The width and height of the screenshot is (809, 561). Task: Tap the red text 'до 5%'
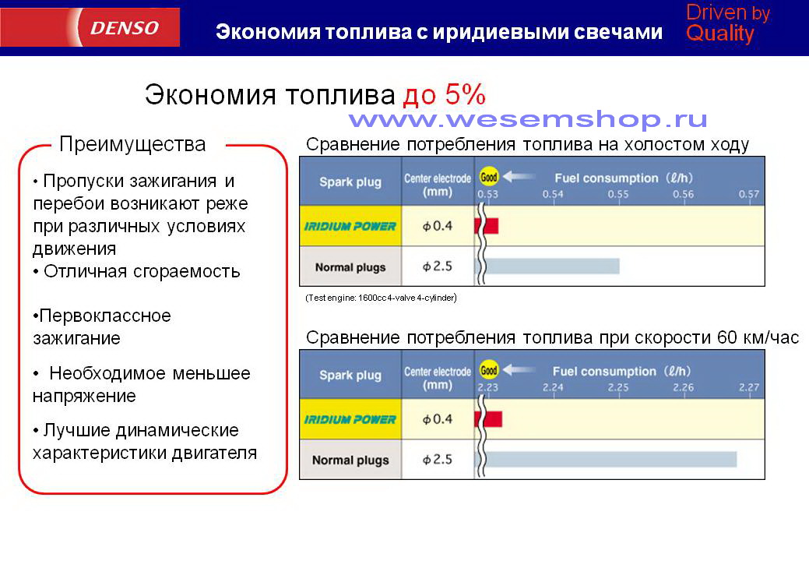tap(445, 94)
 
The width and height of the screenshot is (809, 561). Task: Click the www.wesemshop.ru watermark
tap(527, 119)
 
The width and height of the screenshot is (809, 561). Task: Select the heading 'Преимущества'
tap(132, 144)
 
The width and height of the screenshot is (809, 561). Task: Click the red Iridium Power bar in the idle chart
tap(487, 225)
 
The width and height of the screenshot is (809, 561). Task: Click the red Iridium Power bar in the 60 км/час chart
tap(488, 418)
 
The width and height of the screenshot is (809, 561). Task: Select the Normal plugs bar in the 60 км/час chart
tap(610, 459)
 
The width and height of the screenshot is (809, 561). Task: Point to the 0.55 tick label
tap(618, 195)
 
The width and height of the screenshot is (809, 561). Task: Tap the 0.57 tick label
tap(748, 194)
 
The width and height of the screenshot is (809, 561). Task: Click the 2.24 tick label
tap(553, 387)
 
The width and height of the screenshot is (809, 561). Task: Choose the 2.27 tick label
tap(748, 387)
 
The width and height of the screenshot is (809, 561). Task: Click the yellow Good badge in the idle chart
tap(489, 177)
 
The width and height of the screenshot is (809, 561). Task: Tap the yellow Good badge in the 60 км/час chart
tap(489, 370)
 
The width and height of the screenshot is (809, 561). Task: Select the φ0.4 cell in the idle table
tap(438, 225)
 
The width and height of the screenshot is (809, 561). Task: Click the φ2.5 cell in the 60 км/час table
tap(438, 460)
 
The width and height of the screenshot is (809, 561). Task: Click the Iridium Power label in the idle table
tap(350, 226)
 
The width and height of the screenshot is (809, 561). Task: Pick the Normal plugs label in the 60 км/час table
tap(350, 460)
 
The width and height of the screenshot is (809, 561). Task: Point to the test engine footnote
tap(382, 298)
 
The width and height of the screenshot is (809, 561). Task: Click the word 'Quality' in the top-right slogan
tap(720, 34)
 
